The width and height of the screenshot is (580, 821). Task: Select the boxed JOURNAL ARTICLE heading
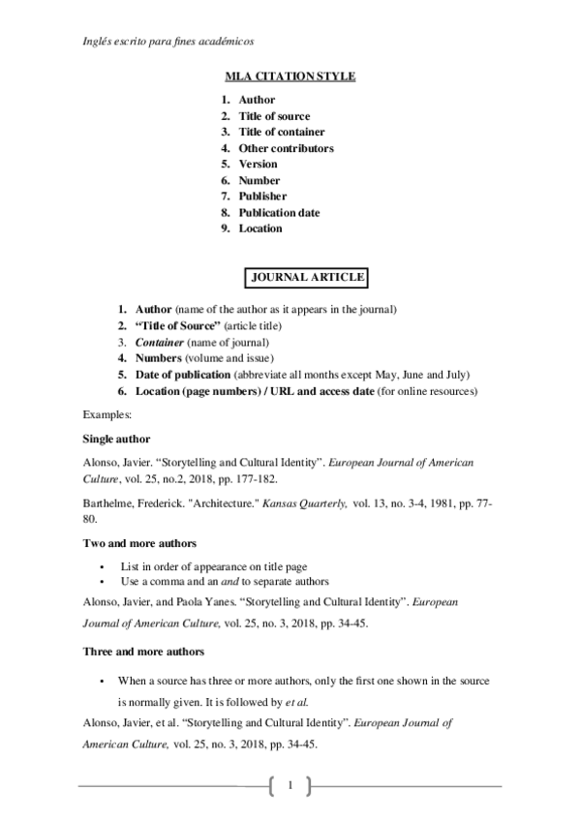point(307,278)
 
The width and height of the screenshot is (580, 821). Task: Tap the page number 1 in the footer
point(290,784)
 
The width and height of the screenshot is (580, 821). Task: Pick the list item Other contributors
point(286,148)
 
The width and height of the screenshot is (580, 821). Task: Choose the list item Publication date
point(279,213)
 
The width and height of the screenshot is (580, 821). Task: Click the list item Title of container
point(282,132)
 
